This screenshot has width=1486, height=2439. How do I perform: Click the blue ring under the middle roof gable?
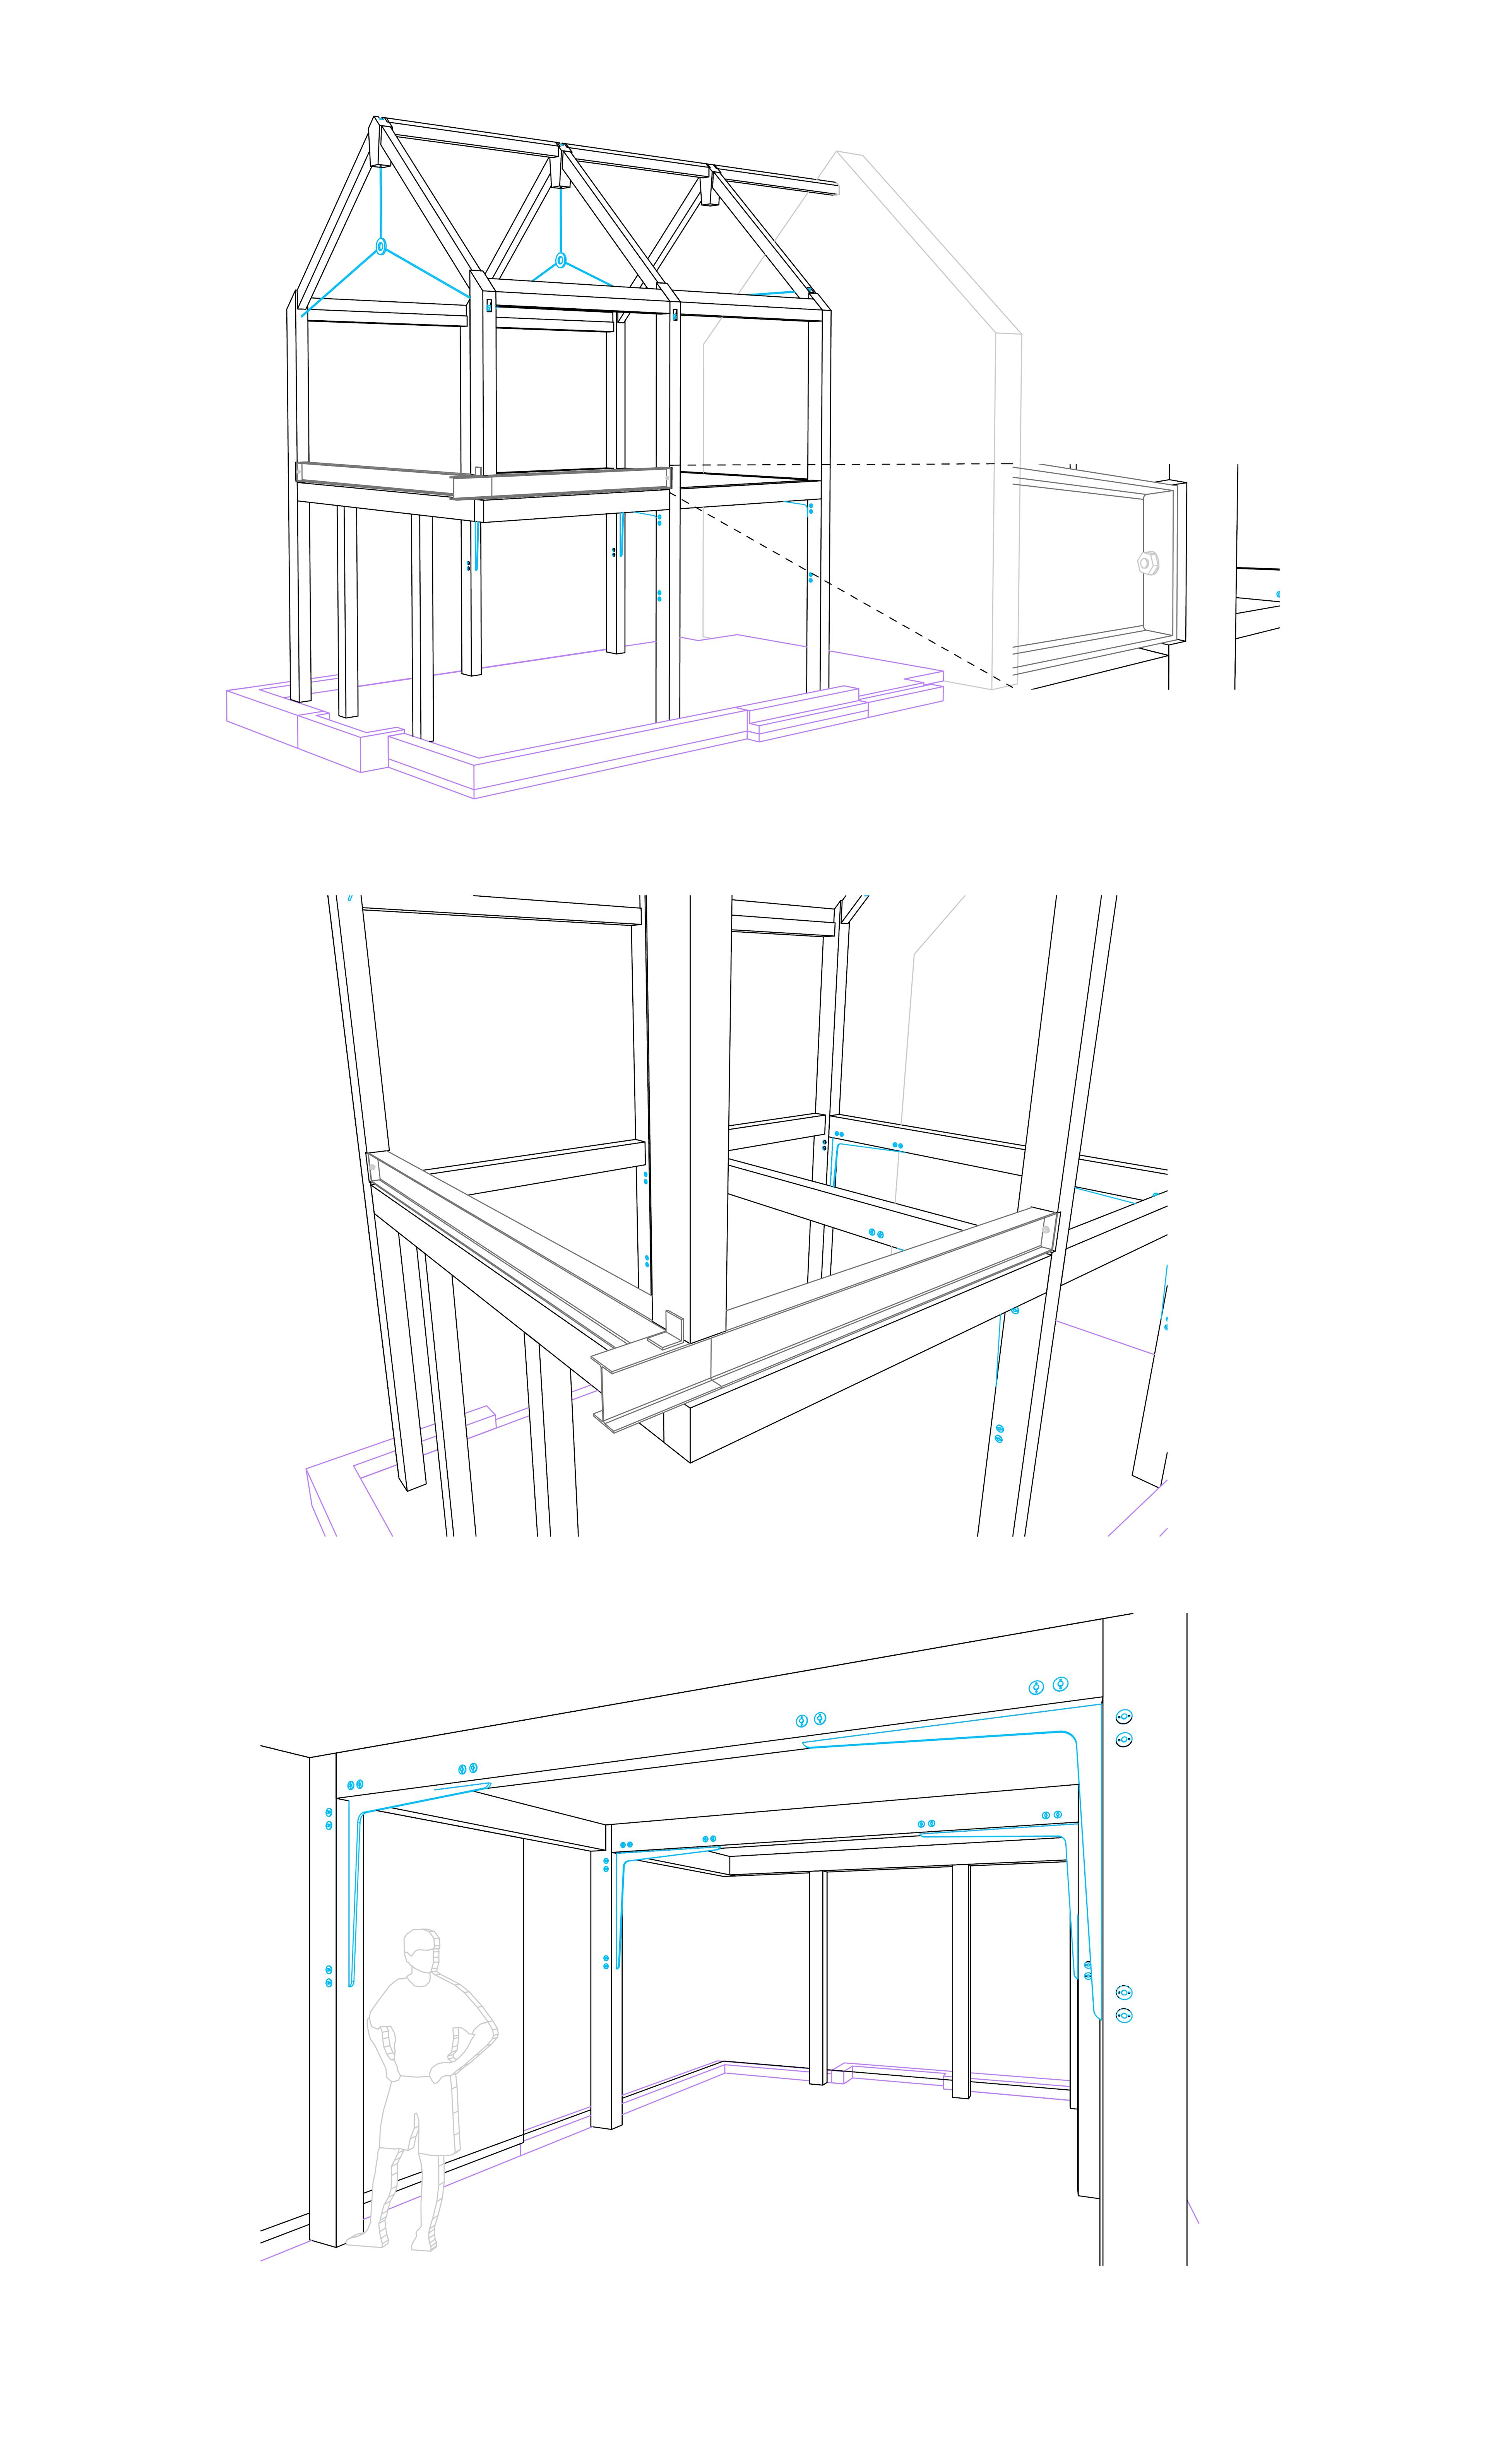tap(560, 260)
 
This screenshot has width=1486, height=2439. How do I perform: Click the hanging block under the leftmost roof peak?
tap(378, 156)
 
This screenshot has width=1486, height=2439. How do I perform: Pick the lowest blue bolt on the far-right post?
tap(1124, 2014)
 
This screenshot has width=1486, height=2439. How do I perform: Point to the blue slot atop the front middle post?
tap(488, 306)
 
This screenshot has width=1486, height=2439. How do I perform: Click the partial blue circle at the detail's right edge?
tap(1278, 595)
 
